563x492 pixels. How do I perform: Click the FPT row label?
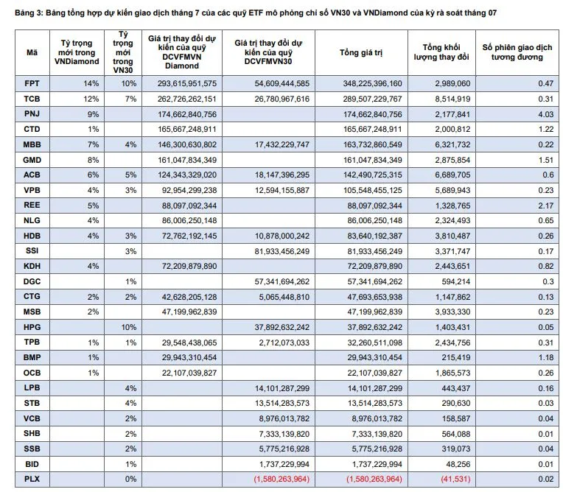point(32,84)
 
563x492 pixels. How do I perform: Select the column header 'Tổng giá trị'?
point(361,53)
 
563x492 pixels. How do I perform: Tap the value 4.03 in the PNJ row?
point(546,114)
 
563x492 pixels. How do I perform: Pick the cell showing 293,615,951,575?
point(187,84)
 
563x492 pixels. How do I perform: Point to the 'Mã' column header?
point(32,53)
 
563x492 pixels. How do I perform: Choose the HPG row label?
point(32,327)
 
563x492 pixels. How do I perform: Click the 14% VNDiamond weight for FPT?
point(91,84)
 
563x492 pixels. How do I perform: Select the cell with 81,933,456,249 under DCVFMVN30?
point(281,251)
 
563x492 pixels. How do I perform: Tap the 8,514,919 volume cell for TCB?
point(452,99)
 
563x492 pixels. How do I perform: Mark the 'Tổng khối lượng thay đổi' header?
point(441,52)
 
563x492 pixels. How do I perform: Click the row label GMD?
point(32,160)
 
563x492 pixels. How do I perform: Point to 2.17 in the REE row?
point(546,205)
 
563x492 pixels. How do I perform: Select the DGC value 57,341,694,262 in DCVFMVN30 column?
point(281,281)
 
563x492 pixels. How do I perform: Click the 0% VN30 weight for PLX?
point(130,479)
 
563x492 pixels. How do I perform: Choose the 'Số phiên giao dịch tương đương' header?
point(517,52)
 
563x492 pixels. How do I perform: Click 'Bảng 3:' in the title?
point(29,13)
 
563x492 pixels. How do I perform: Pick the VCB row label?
point(32,418)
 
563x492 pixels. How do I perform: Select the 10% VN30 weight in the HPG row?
point(129,327)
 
